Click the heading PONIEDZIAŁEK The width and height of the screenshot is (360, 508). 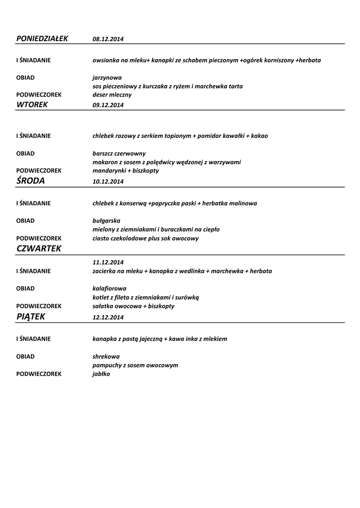click(x=42, y=38)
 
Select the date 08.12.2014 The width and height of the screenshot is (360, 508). click(x=108, y=39)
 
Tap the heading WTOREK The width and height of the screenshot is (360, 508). click(x=32, y=104)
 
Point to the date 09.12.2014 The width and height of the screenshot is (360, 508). click(x=108, y=105)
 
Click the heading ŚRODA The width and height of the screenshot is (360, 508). click(x=31, y=181)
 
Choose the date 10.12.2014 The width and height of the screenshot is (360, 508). click(x=108, y=182)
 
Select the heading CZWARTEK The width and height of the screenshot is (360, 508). click(x=39, y=249)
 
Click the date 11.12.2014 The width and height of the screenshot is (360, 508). click(x=108, y=262)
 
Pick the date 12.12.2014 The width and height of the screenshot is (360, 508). click(x=108, y=317)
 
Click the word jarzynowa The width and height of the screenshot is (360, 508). click(x=107, y=78)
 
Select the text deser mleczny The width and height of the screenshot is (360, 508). click(x=112, y=94)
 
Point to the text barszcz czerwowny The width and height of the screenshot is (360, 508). click(x=119, y=153)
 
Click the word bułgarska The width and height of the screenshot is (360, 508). click(x=106, y=221)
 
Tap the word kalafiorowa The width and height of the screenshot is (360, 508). click(x=109, y=288)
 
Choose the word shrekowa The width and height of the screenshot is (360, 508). click(x=106, y=356)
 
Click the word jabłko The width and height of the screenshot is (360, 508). click(x=101, y=374)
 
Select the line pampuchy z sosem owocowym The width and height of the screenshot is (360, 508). click(x=135, y=365)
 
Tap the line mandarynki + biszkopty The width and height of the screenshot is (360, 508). click(x=126, y=170)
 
